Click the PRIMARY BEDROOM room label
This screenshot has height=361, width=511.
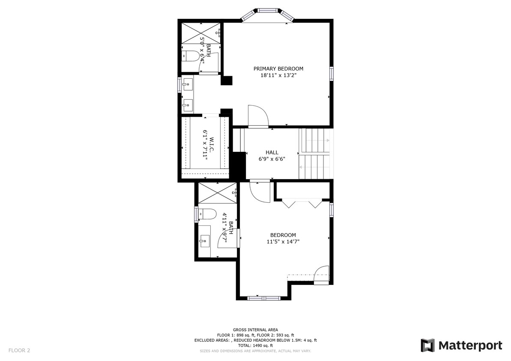click(278, 68)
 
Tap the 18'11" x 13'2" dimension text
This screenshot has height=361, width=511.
click(278, 75)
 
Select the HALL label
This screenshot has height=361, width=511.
click(272, 152)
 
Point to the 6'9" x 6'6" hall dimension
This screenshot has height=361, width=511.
click(272, 159)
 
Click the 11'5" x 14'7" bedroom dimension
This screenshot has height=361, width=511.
click(283, 242)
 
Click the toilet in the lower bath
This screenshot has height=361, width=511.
click(208, 213)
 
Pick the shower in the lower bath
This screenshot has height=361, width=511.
click(217, 193)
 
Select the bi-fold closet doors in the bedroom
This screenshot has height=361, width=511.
click(303, 203)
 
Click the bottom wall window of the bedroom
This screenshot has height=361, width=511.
click(264, 298)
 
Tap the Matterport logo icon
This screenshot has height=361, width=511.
click(427, 345)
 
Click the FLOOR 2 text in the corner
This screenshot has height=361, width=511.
click(19, 350)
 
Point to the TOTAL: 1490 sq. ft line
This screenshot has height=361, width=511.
click(255, 346)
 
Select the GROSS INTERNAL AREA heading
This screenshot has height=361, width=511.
click(255, 330)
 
